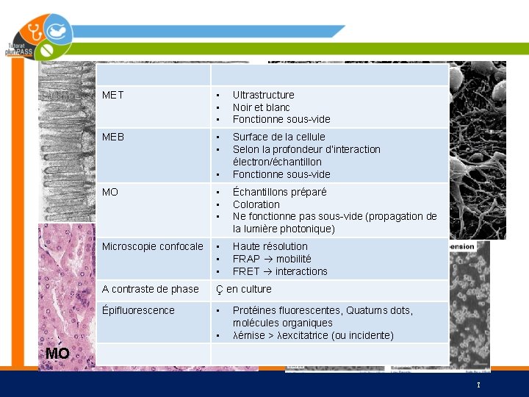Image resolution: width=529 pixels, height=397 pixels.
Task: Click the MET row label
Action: pos(112,95)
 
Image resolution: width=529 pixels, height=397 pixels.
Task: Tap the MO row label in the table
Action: pos(109,192)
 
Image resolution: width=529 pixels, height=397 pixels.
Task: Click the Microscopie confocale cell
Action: pos(152,246)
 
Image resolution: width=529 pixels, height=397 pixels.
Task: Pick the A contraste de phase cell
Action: pos(150,289)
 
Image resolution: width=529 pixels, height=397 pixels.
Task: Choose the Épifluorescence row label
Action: pos(138,310)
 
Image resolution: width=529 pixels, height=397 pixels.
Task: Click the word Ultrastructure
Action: pos(263,95)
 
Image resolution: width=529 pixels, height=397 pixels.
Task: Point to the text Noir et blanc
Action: pos(261,107)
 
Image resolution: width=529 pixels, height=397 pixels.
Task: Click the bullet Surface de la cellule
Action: pos(278,137)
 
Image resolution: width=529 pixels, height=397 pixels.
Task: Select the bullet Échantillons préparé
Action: pos(279,192)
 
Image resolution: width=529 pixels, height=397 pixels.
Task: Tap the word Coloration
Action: pos(256,204)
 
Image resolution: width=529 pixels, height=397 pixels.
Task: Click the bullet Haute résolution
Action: pos(270,246)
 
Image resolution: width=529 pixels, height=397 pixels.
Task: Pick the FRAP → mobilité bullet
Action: pos(272,259)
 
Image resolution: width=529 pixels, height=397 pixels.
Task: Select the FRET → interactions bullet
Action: pos(280,271)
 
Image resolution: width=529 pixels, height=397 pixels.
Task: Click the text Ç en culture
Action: pos(243,289)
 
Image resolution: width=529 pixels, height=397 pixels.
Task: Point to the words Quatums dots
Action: pos(375,310)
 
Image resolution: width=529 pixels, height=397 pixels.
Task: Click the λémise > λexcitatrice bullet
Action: pos(313,335)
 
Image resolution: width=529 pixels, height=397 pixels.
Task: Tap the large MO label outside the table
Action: pos(57,354)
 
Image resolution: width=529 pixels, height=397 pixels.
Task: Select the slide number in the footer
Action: pos(478,385)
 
